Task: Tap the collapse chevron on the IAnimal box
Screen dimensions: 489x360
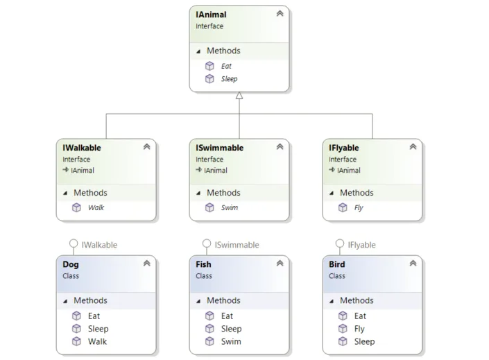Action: [x=280, y=13]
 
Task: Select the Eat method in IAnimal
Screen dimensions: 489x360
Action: [x=226, y=66]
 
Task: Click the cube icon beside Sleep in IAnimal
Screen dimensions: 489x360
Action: [x=209, y=78]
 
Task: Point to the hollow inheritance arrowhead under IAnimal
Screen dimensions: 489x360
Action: [x=239, y=96]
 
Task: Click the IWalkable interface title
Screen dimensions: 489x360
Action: [x=82, y=148]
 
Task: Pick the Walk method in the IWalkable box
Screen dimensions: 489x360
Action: [x=96, y=207]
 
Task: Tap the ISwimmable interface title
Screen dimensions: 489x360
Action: [x=220, y=148]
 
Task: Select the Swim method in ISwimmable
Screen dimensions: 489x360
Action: [x=229, y=207]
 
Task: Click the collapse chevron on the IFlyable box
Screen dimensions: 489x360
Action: [x=413, y=146]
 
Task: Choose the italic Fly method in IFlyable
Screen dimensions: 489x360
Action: [x=359, y=208]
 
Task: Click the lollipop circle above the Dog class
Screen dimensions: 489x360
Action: [x=74, y=243]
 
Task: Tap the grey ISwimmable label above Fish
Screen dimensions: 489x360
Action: [x=237, y=245]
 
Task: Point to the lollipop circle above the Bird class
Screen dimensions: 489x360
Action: [x=340, y=243]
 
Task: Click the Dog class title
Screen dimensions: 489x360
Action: [x=71, y=264]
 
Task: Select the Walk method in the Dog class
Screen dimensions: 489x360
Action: [x=97, y=341]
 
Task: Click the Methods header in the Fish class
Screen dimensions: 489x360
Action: [x=223, y=300]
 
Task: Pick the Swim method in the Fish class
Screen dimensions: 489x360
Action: [x=231, y=341]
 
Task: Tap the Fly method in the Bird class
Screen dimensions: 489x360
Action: [x=359, y=329]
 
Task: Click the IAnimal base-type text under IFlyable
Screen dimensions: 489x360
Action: [x=349, y=171]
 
